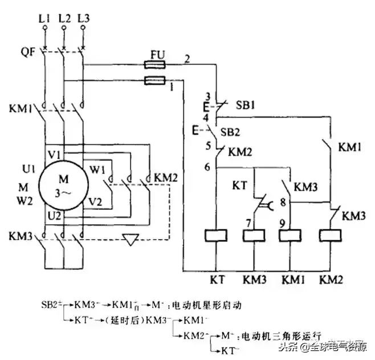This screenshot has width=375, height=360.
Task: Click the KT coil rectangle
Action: pyautogui.click(x=214, y=236)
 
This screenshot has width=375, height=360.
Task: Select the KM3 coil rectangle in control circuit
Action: pyautogui.click(x=254, y=236)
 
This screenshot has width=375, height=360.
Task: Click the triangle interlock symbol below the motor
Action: pyautogui.click(x=132, y=240)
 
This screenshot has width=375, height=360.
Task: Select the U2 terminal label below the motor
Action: pyautogui.click(x=53, y=215)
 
